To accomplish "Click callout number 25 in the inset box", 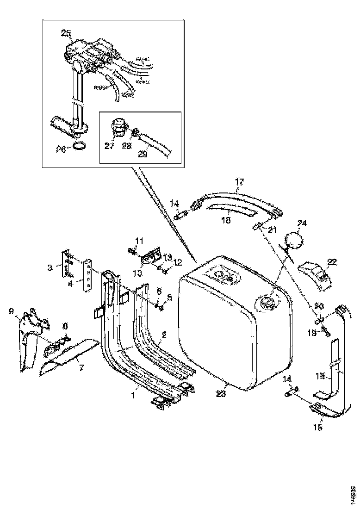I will coord(66,33).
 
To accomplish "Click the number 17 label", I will coord(238,182).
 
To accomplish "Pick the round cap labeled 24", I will coord(292,241).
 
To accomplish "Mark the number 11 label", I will coord(139,240).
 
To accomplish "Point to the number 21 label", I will coord(272,230).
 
